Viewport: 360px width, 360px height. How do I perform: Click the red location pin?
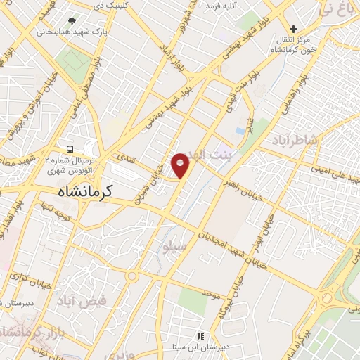[x=181, y=165]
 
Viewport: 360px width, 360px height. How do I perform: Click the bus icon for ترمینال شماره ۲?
[x=70, y=149]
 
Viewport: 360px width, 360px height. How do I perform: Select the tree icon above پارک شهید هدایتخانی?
[x=72, y=21]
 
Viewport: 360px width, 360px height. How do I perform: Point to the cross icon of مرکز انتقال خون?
[x=294, y=30]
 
